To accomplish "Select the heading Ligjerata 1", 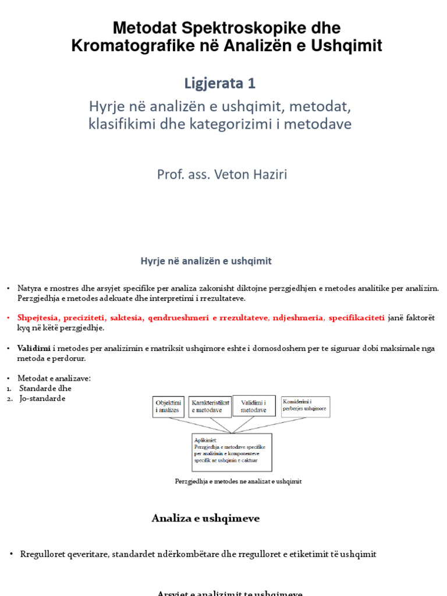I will tap(219, 83).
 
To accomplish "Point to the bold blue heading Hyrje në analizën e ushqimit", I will tap(206, 261).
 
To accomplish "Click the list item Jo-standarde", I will tap(42, 398).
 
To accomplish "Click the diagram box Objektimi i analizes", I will tap(168, 406).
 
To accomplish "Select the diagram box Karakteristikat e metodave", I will tap(210, 406).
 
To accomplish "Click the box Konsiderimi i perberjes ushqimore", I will tap(305, 406).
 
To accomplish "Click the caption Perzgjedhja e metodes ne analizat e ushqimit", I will tap(238, 481).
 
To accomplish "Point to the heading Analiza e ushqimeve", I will tap(205, 518).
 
